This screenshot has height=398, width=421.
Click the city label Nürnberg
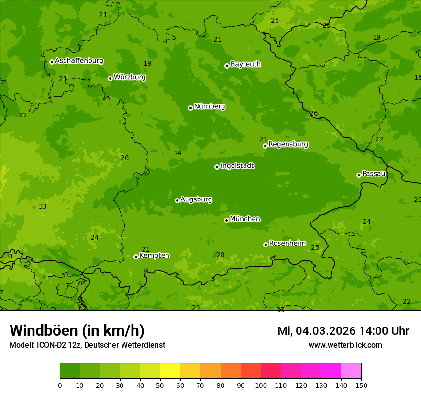point(209,106)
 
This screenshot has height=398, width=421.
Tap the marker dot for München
point(226,220)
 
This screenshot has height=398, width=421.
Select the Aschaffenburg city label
point(79,61)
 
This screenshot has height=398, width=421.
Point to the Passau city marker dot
point(359,175)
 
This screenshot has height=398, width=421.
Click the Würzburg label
point(130,77)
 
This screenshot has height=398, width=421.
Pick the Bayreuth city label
point(245,64)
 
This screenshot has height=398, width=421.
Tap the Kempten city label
point(154,256)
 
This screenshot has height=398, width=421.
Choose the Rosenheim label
point(287,244)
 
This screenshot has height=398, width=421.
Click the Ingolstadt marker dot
point(217,167)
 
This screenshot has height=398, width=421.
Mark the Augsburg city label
point(196,199)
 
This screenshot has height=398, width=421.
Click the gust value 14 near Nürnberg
point(177,153)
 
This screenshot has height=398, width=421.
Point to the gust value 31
point(10,257)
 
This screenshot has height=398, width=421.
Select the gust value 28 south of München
point(220,255)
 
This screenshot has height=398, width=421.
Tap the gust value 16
point(418,78)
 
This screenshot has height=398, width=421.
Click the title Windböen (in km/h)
point(77,330)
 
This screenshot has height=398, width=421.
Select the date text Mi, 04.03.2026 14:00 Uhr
point(343,331)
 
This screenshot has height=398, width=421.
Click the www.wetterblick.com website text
point(345,345)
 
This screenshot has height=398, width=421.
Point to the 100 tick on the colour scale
point(261,385)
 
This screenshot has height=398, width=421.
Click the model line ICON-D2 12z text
point(87,345)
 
